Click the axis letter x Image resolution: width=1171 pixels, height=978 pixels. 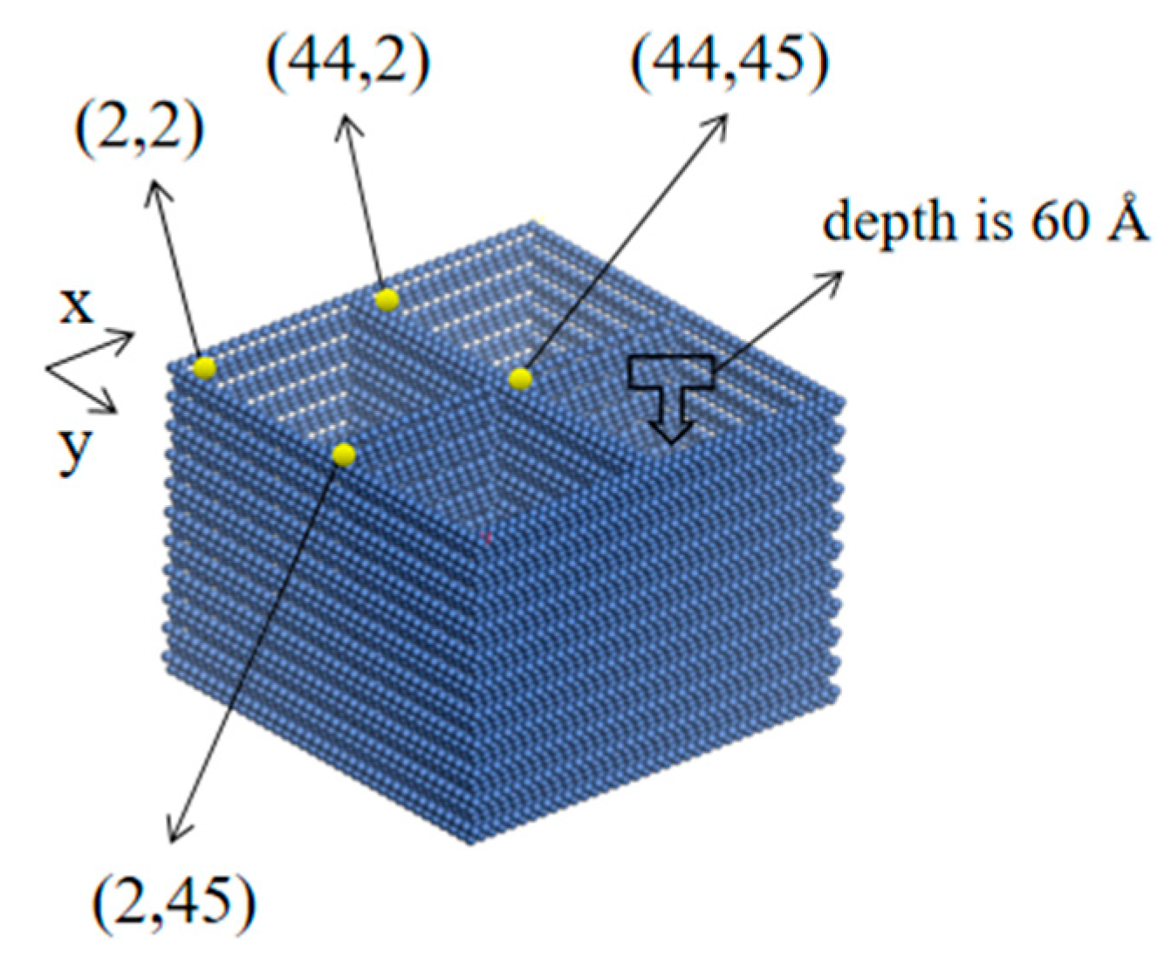tap(76, 307)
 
